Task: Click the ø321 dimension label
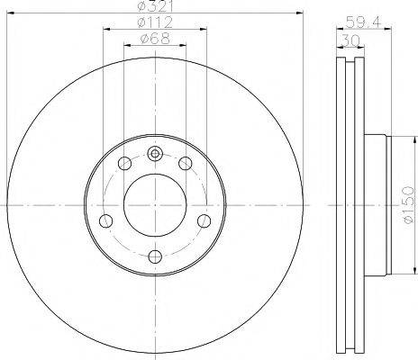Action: pyautogui.click(x=155, y=6)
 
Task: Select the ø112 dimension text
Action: pyautogui.click(x=155, y=22)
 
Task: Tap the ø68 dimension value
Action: pyautogui.click(x=155, y=39)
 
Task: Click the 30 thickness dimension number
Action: pyautogui.click(x=350, y=40)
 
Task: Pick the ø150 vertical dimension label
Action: pyautogui.click(x=409, y=205)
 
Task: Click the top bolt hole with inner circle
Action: pyautogui.click(x=155, y=154)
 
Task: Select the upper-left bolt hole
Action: pyautogui.click(x=125, y=164)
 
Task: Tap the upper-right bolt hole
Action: pyautogui.click(x=186, y=164)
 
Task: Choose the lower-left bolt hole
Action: pyautogui.click(x=106, y=221)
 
